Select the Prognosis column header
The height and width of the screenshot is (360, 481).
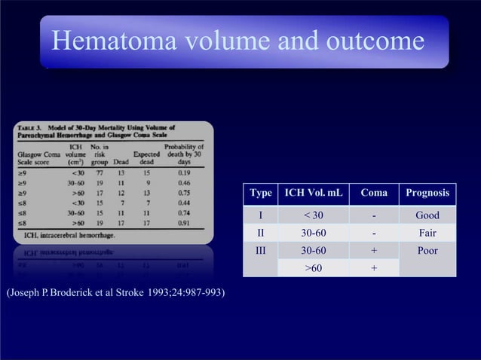click(427, 194)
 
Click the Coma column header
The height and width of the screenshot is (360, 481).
click(374, 194)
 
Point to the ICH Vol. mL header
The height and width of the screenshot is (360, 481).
click(314, 194)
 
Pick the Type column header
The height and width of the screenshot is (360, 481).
click(261, 194)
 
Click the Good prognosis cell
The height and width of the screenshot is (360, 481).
click(427, 216)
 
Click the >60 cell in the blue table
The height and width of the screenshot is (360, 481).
click(314, 267)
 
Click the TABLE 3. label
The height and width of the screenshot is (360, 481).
click(33, 128)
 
